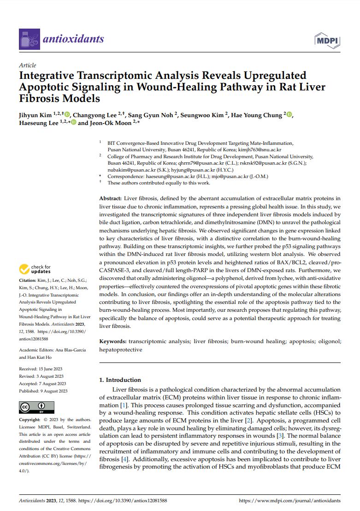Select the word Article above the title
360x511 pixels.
[x=28, y=65]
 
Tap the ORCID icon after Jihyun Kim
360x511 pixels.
[x=67, y=114]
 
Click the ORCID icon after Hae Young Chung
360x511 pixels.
[x=289, y=114]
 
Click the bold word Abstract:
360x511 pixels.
[x=111, y=198]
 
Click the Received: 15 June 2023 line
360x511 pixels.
[x=41, y=369]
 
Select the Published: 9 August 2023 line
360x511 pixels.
[x=43, y=391]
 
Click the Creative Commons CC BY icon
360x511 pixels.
[x=36, y=407]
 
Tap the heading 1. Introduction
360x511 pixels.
[x=120, y=380]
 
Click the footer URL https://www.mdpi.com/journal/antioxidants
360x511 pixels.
[x=290, y=500]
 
